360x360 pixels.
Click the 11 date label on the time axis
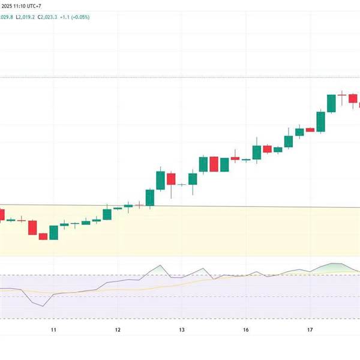(53, 330)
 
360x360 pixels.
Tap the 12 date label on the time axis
(118, 330)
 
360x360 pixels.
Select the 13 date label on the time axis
(181, 330)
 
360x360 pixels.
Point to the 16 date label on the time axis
(246, 330)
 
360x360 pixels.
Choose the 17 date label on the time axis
(310, 330)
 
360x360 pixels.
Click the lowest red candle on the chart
(43, 236)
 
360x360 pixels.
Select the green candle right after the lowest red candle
(53, 232)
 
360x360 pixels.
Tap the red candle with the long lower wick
(171, 179)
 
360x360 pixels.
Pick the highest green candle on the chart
(331, 103)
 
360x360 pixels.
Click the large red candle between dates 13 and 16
(214, 164)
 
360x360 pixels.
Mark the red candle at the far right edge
(358, 104)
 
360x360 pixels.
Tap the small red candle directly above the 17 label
(310, 130)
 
